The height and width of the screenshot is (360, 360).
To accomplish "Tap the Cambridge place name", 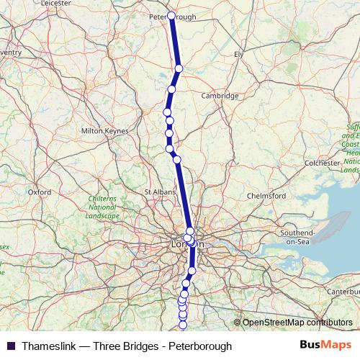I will pyautogui.click(x=220, y=96).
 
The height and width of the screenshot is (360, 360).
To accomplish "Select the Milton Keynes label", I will pyautogui.click(x=105, y=131).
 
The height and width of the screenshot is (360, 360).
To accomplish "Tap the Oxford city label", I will pyautogui.click(x=39, y=192).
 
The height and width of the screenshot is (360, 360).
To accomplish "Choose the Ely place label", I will pyautogui.click(x=240, y=54).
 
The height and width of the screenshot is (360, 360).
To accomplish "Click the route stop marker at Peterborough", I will pyautogui.click(x=171, y=15).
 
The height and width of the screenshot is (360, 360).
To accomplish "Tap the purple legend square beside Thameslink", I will pyautogui.click(x=11, y=346).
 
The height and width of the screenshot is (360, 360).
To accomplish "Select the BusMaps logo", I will pyautogui.click(x=326, y=346).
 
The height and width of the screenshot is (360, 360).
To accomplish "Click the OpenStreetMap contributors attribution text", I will pyautogui.click(x=297, y=322).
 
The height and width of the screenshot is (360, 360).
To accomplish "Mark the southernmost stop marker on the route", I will pyautogui.click(x=182, y=325).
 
